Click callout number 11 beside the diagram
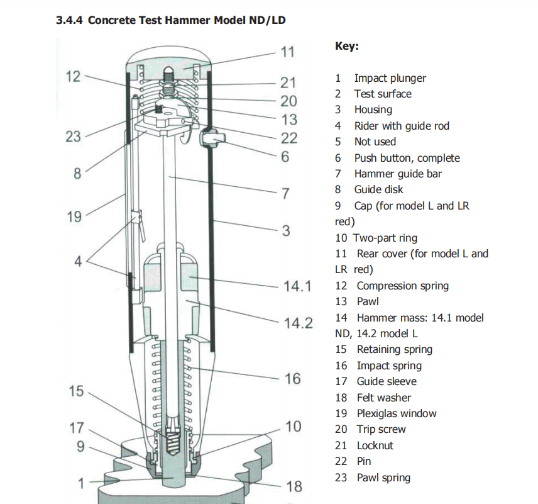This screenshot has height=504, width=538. (x=287, y=52)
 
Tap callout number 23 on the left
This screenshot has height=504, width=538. (x=73, y=137)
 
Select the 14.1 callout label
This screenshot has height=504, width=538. (x=297, y=286)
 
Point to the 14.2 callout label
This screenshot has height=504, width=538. (x=298, y=323)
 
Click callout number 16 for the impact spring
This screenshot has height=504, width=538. (x=293, y=379)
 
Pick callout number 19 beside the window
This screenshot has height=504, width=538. (x=74, y=217)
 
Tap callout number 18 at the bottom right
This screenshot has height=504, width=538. (x=294, y=486)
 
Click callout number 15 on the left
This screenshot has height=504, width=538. (x=76, y=391)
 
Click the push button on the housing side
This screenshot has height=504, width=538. (x=212, y=137)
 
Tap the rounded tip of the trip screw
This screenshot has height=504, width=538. (x=168, y=71)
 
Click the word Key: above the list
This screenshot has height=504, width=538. (x=347, y=46)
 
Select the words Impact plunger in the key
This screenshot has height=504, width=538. (x=390, y=78)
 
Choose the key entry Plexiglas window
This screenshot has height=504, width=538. (x=397, y=413)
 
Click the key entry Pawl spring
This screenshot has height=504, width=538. (x=383, y=478)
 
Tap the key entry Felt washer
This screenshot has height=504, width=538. (x=384, y=398)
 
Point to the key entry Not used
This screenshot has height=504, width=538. (x=375, y=142)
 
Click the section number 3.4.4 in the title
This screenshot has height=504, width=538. (x=69, y=20)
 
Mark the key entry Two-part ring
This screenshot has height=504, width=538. (x=385, y=238)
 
